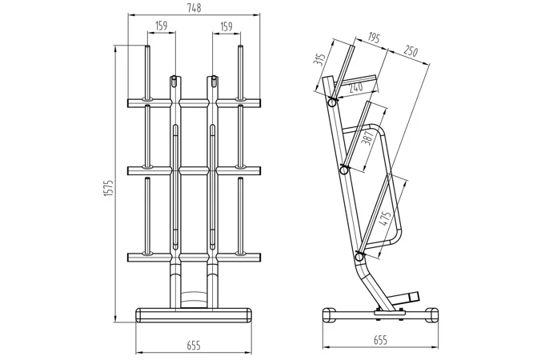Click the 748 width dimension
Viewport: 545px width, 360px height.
194,8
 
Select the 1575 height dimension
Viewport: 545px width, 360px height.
109,189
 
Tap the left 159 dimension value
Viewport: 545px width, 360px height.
162,26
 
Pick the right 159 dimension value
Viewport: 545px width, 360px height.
226,26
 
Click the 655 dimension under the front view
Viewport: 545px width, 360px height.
194,346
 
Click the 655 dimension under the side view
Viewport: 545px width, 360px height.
380,340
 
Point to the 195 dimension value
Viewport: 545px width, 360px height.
374,38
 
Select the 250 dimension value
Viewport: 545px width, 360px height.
411,50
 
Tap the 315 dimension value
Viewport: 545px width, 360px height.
319,59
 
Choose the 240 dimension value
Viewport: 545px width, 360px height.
355,87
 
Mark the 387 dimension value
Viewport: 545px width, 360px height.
367,138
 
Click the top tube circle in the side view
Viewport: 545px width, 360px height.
332,102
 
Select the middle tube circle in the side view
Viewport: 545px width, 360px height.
344,170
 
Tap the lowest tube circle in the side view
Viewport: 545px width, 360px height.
359,257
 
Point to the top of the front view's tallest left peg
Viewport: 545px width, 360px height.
147,46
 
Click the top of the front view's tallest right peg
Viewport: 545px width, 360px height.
240,46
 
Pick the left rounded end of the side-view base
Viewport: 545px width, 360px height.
329,315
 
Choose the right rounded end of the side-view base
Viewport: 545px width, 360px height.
432,315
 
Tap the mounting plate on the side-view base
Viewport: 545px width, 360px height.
389,313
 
